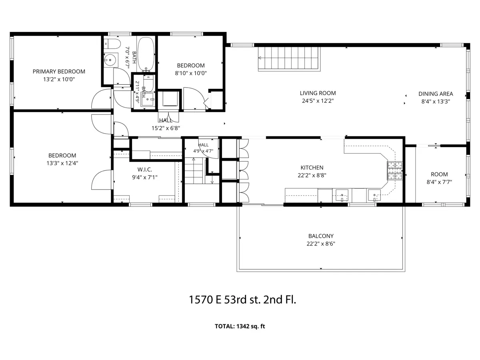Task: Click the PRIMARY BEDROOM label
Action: tap(59, 72)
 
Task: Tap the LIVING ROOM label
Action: tap(318, 93)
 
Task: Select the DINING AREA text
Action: tap(436, 94)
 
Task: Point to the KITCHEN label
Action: tap(312, 168)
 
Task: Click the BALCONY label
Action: tap(321, 236)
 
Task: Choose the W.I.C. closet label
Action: tap(144, 170)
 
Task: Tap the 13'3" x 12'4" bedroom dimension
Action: tap(62, 163)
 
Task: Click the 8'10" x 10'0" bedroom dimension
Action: tap(191, 73)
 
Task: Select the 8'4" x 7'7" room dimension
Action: tap(439, 182)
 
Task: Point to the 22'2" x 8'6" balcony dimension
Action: tap(321, 244)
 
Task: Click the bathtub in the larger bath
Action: tap(146, 54)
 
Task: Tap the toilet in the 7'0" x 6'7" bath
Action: tap(112, 44)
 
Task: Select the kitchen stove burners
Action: tap(395, 171)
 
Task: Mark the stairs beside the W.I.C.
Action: tap(195, 170)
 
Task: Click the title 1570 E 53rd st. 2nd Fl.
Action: tap(242, 300)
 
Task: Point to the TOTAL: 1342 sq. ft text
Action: tap(240, 326)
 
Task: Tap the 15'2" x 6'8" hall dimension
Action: tap(166, 128)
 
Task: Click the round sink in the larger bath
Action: tap(110, 60)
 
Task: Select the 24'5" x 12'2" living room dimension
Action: tap(318, 101)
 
